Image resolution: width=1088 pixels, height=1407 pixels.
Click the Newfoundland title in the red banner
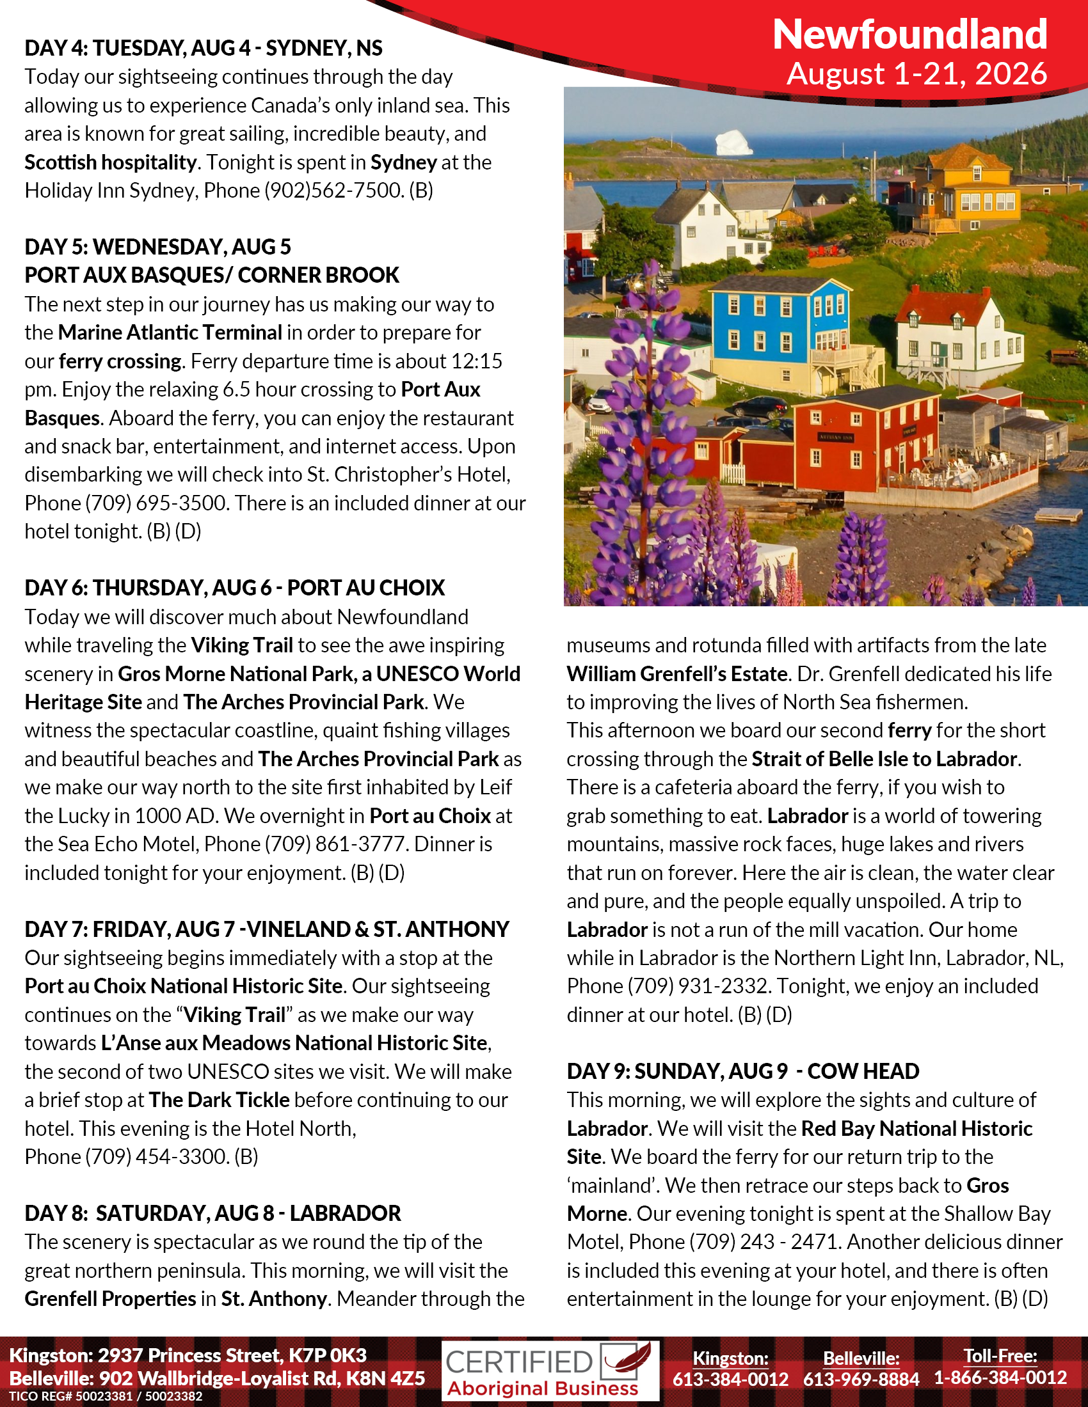909,34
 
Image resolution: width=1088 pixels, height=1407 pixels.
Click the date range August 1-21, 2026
916,74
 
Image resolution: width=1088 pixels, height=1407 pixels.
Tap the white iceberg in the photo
734,143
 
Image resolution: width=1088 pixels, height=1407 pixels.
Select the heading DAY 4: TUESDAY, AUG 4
203,49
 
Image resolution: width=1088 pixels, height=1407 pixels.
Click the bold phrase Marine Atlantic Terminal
170,333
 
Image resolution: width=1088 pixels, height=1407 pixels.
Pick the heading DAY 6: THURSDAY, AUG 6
235,588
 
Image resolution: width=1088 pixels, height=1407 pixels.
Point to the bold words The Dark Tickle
219,1100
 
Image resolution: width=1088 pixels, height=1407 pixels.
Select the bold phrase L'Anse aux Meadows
196,1043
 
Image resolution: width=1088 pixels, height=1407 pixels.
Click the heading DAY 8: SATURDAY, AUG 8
212,1213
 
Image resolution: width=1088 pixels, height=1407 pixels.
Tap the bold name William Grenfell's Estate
676,674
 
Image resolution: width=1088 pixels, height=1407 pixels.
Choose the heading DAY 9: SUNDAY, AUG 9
742,1071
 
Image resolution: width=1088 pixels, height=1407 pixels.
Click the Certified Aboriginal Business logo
550,1371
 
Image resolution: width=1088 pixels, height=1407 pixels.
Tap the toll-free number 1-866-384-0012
1000,1378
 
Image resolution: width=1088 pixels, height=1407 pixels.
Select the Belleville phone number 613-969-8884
860,1379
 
